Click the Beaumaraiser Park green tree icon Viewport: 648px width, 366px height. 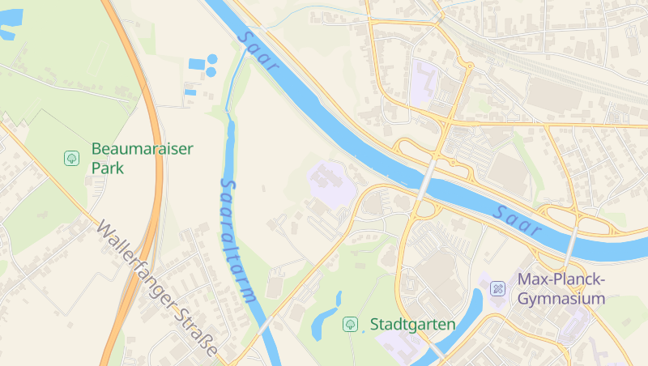(71, 158)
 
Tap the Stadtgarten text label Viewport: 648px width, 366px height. (412, 324)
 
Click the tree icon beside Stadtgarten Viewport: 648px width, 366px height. (350, 324)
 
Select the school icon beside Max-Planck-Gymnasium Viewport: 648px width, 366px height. (497, 288)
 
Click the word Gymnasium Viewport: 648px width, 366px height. (561, 299)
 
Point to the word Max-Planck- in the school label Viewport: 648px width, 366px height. (561, 279)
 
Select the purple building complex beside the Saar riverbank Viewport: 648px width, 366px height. (330, 181)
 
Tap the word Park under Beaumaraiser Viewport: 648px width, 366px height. (107, 168)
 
